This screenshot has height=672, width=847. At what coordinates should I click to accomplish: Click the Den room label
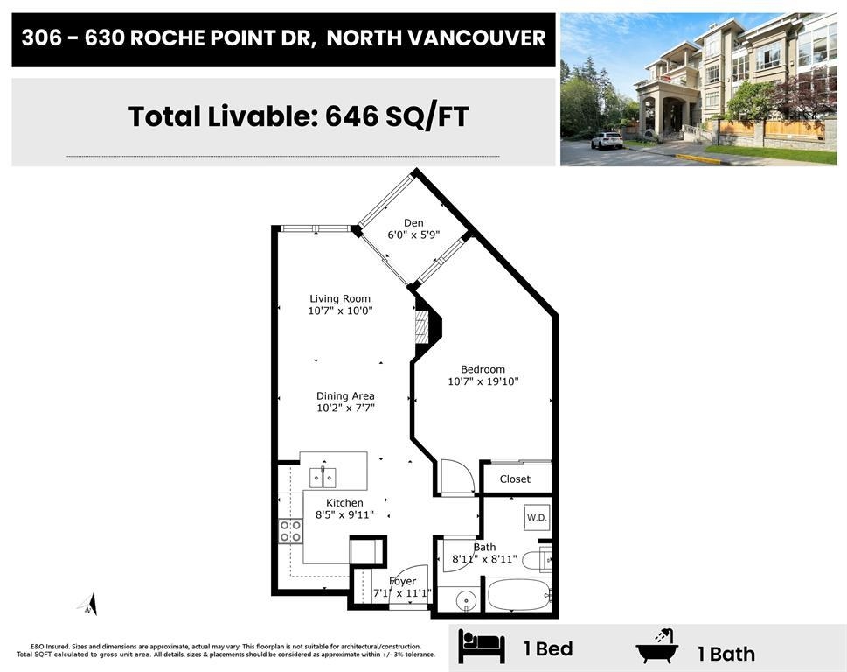pyautogui.click(x=413, y=223)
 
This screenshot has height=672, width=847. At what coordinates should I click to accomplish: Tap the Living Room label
pyautogui.click(x=340, y=298)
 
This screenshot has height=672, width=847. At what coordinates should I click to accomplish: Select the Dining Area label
pyautogui.click(x=345, y=395)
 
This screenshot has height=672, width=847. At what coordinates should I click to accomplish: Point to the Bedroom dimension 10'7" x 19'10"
pyautogui.click(x=483, y=381)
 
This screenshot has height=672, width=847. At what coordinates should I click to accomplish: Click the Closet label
pyautogui.click(x=515, y=479)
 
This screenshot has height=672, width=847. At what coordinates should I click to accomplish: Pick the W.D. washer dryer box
pyautogui.click(x=537, y=517)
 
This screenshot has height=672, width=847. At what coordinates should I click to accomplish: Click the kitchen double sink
pyautogui.click(x=323, y=478)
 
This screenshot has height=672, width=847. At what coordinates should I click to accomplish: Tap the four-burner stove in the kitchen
pyautogui.click(x=290, y=531)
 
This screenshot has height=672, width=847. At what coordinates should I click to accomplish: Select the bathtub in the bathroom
pyautogui.click(x=518, y=595)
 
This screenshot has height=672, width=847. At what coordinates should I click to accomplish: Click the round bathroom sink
pyautogui.click(x=466, y=599)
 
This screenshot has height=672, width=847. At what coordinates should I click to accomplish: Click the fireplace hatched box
pyautogui.click(x=421, y=326)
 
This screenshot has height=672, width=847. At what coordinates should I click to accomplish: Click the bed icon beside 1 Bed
pyautogui.click(x=482, y=646)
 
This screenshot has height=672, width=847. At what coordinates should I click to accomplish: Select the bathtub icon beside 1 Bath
pyautogui.click(x=656, y=646)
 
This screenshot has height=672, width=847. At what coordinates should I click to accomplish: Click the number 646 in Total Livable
pyautogui.click(x=351, y=116)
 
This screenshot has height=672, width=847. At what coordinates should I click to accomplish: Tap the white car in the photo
pyautogui.click(x=607, y=141)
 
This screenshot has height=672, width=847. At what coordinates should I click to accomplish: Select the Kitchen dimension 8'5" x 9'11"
pyautogui.click(x=344, y=514)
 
